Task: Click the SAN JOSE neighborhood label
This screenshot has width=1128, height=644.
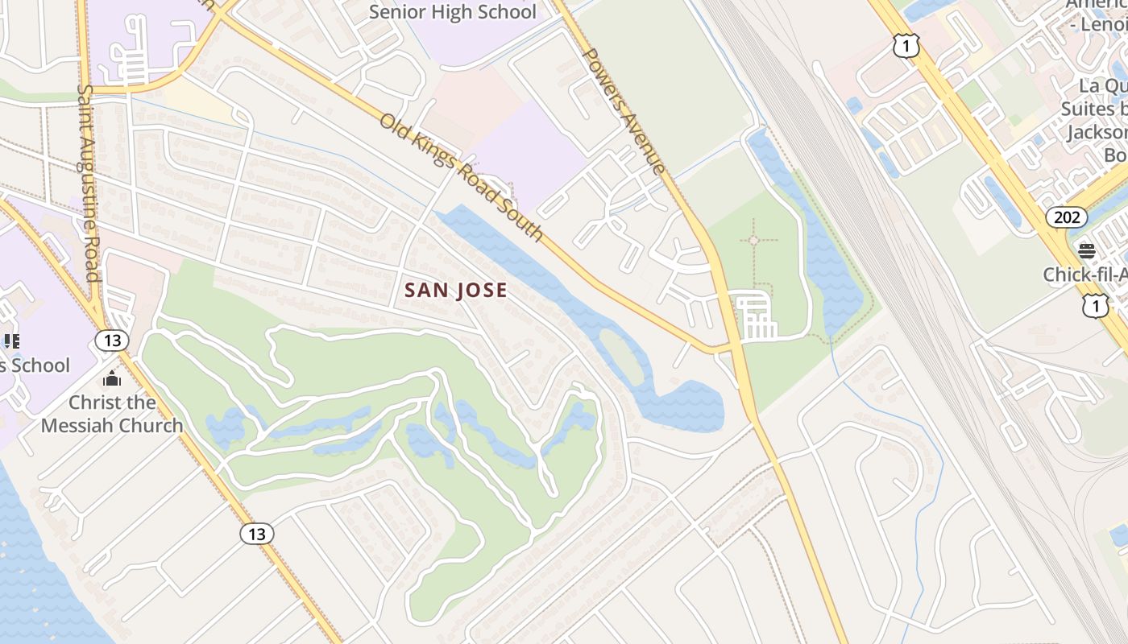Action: pyautogui.click(x=456, y=291)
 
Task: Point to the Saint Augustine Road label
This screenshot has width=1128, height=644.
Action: pyautogui.click(x=88, y=183)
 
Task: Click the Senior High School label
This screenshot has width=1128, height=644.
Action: pyautogui.click(x=452, y=12)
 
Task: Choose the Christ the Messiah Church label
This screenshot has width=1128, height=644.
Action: pyautogui.click(x=112, y=414)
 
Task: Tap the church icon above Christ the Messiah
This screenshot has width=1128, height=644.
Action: pyautogui.click(x=112, y=378)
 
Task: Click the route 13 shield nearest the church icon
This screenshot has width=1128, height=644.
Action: pyautogui.click(x=112, y=341)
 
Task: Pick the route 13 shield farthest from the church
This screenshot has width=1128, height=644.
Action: pyautogui.click(x=256, y=533)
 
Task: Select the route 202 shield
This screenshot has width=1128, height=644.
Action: pyautogui.click(x=1062, y=217)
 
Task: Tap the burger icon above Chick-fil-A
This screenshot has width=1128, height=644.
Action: pyautogui.click(x=1087, y=251)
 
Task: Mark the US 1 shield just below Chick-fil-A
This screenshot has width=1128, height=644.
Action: pyautogui.click(x=1095, y=305)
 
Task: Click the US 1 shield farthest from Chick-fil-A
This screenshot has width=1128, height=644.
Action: pyautogui.click(x=906, y=47)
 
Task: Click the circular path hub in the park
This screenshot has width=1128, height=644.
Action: pyautogui.click(x=753, y=240)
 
